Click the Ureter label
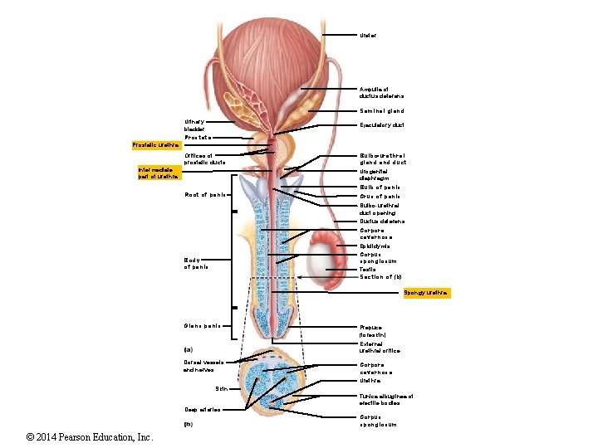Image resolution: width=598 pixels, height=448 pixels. coord(368,36)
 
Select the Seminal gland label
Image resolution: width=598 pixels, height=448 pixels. coord(382,110)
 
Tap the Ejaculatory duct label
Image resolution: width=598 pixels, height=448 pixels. coord(381,125)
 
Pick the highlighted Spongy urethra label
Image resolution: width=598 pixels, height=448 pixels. coord(426,293)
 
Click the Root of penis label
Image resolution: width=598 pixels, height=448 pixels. coord(205,195)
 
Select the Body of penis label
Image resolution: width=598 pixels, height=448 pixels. coord(197,263)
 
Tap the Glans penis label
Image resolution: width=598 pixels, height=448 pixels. coord(201,324)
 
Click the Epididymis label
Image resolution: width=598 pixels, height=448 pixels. coord(375,246)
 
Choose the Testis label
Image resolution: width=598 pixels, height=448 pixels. coord(367,270)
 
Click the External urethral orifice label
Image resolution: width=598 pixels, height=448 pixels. coord(380,347)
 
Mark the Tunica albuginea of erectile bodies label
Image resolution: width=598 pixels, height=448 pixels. coord(385,399)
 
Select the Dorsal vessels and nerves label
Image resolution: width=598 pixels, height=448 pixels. coord(200,366)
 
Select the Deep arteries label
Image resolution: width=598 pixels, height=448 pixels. coord(202,409)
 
